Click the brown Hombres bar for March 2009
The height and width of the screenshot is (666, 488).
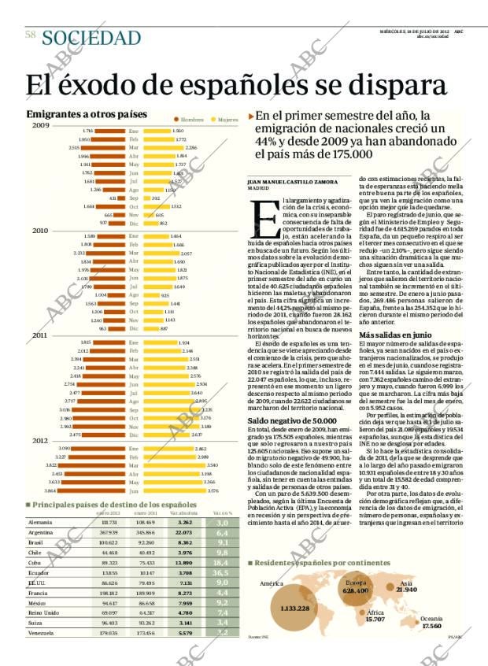(103, 147)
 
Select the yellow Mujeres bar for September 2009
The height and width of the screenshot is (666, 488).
(146, 198)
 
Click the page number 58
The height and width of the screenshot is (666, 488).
(31, 35)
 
